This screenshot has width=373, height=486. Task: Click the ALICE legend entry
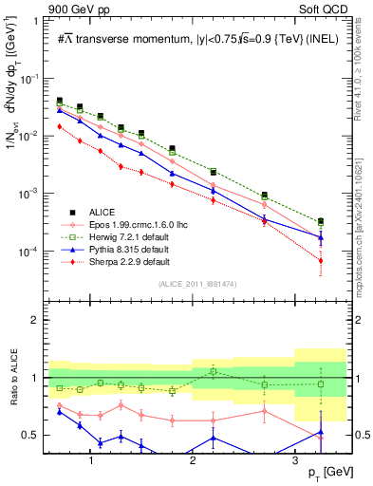click(x=102, y=211)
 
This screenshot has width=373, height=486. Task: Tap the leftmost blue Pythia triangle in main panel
click(x=60, y=110)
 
